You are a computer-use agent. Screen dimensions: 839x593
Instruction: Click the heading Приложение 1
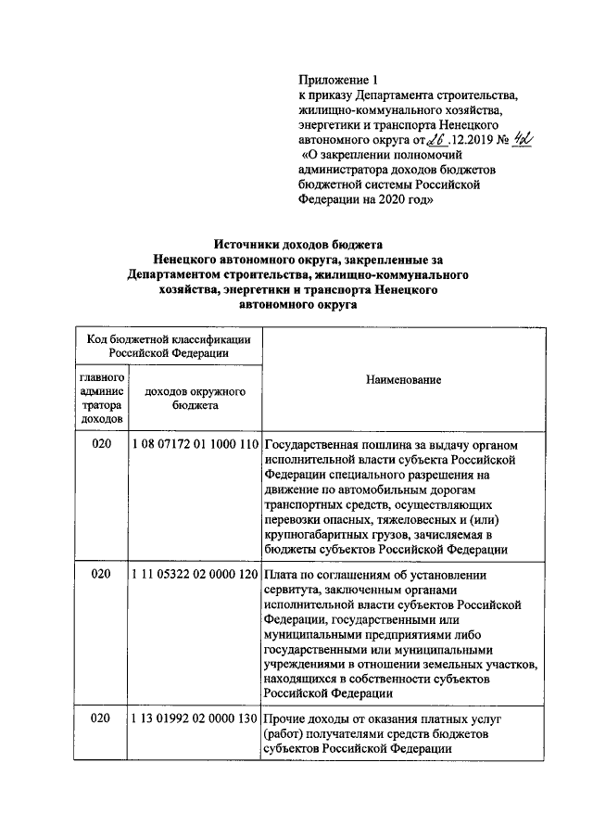pyautogui.click(x=339, y=81)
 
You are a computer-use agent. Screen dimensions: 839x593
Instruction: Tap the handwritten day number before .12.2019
pyautogui.click(x=432, y=139)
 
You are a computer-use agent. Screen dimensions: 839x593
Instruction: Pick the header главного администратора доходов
pyautogui.click(x=102, y=399)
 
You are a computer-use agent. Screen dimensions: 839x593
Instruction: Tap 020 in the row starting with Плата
pyautogui.click(x=102, y=575)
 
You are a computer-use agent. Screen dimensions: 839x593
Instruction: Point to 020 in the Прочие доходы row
pyautogui.click(x=102, y=719)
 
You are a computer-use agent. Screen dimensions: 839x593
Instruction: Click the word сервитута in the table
pyautogui.click(x=294, y=590)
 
